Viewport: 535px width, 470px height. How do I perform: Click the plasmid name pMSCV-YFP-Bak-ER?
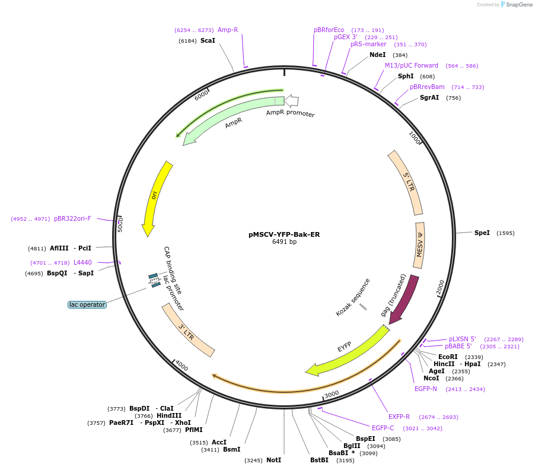click(x=284, y=234)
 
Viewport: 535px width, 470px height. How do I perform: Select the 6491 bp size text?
click(x=284, y=242)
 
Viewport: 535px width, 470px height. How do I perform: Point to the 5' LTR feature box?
click(x=406, y=183)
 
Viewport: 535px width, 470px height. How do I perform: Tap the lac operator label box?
click(x=87, y=304)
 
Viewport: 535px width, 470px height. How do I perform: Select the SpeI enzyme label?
click(x=482, y=233)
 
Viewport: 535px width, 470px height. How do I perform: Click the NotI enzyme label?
click(x=273, y=460)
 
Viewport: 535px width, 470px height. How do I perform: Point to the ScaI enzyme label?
click(x=208, y=41)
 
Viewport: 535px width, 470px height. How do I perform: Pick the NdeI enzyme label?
click(x=377, y=55)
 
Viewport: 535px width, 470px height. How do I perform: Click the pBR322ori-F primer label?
click(x=72, y=219)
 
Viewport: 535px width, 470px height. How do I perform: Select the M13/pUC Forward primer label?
click(x=412, y=66)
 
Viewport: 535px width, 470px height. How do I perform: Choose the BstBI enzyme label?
click(x=319, y=460)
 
